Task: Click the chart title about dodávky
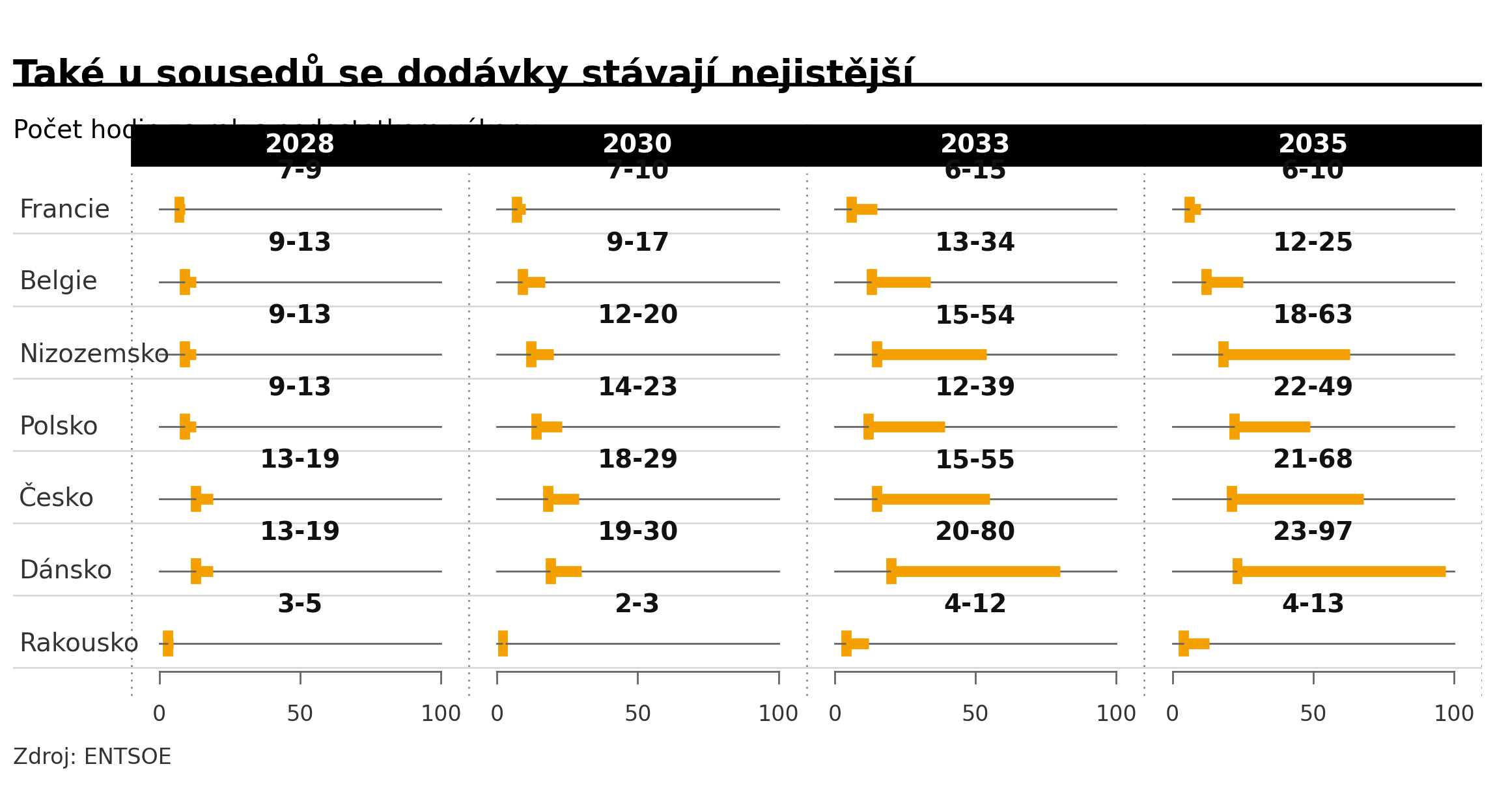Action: coord(462,73)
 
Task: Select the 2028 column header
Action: coord(300,144)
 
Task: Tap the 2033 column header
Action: coord(975,144)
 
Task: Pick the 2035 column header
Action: coord(1313,144)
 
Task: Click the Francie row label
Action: coord(64,210)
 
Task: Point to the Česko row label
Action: coord(57,498)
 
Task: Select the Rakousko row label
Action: coord(79,643)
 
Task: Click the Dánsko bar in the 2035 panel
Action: coord(1339,571)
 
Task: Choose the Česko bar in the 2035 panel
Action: coord(1295,499)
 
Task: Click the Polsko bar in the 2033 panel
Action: coord(904,427)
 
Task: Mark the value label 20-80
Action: coord(975,532)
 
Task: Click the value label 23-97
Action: coord(1313,532)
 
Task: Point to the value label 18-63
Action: coord(1313,315)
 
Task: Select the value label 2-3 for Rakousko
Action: coord(637,604)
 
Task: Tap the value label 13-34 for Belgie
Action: coord(975,243)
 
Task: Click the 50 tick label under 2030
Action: coord(637,714)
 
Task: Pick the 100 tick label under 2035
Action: coord(1454,714)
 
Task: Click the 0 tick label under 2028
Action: coord(160,714)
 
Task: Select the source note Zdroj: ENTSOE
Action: coord(92,757)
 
